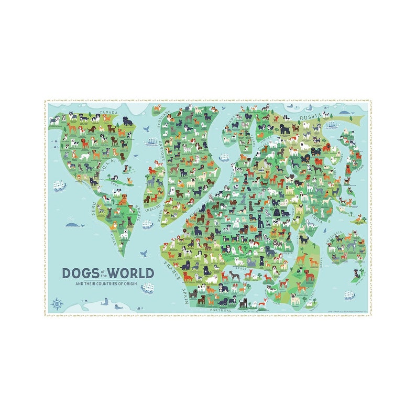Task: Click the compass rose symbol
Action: coord(56,303)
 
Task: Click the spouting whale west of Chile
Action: coord(75,225)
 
